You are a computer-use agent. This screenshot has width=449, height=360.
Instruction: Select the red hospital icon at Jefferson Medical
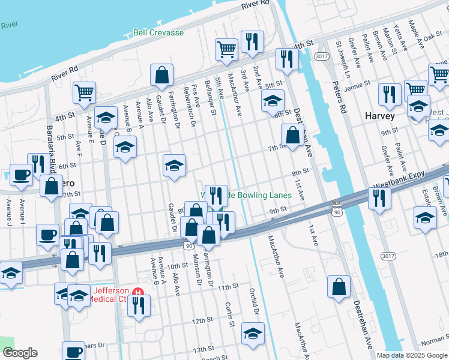point(139,292)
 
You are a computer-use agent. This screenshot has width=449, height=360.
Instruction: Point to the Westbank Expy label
point(399,179)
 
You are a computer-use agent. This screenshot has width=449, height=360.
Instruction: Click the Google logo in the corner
point(20,353)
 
